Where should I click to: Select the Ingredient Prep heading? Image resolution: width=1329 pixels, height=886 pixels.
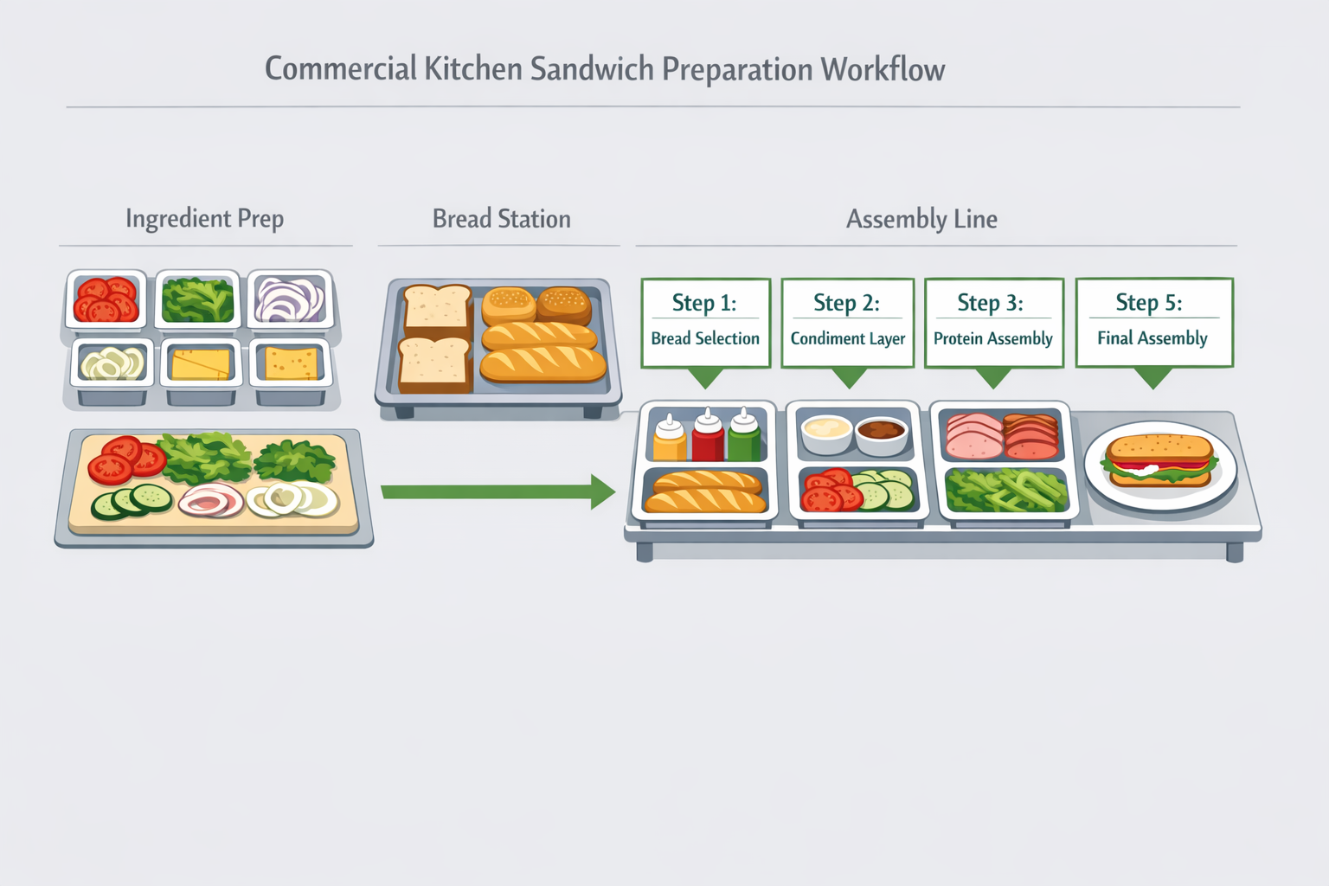pyautogui.click(x=204, y=219)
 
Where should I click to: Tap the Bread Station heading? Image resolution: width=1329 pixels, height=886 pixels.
pyautogui.click(x=501, y=219)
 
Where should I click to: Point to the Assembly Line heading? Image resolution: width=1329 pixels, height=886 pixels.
pyautogui.click(x=921, y=219)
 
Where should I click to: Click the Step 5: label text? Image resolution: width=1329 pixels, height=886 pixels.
pyautogui.click(x=1148, y=302)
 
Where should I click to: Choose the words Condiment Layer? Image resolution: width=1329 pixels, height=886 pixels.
pyautogui.click(x=847, y=338)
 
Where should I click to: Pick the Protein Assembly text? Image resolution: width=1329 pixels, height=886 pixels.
pyautogui.click(x=992, y=338)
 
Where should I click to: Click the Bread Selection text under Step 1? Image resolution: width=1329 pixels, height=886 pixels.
pyautogui.click(x=704, y=338)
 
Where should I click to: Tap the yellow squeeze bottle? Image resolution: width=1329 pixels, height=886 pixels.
pyautogui.click(x=669, y=438)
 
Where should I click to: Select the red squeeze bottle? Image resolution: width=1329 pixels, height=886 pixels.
pyautogui.click(x=707, y=436)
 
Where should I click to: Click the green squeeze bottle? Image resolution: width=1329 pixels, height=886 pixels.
pyautogui.click(x=744, y=436)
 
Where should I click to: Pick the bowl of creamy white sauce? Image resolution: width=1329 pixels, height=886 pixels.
pyautogui.click(x=826, y=430)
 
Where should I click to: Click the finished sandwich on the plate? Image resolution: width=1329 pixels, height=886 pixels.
pyautogui.click(x=1159, y=460)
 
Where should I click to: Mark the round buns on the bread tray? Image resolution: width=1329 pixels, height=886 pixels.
pyautogui.click(x=536, y=305)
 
